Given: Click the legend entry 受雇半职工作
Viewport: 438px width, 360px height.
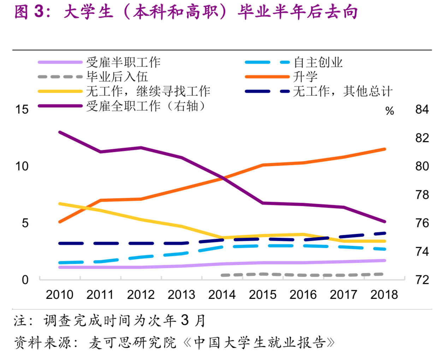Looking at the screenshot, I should coord(123,62).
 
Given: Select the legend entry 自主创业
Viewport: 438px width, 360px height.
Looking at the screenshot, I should coord(318,62).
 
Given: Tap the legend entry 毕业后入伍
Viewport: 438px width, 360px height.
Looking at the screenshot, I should coord(117,77).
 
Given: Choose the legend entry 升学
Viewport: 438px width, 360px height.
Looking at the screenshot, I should coord(305,77).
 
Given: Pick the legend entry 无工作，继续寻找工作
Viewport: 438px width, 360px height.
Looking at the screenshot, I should coord(148,91).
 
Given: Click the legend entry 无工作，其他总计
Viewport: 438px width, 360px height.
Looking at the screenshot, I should coord(343,91).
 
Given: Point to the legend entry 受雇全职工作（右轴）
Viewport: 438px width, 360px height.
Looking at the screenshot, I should coord(146,106).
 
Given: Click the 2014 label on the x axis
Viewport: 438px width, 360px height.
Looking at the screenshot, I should coord(222,294).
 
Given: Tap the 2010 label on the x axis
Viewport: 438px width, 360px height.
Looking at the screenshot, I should coord(60,294).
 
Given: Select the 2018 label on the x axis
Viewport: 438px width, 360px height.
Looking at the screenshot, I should coord(384,294).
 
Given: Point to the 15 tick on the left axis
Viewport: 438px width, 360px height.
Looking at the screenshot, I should coord(22,109).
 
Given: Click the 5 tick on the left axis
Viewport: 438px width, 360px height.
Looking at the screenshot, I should coord(25,223).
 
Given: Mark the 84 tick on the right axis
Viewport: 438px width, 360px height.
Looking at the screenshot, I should coord(422,109).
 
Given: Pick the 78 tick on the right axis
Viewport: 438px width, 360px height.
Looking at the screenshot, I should coord(422,195).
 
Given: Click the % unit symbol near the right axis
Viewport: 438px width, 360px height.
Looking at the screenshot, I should coord(390,111).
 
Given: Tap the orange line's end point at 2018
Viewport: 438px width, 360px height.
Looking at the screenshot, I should coord(384,149).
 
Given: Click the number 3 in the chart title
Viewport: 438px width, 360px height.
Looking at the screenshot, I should coord(39,12).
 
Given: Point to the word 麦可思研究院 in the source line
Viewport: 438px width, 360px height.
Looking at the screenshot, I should coord(132,342).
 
